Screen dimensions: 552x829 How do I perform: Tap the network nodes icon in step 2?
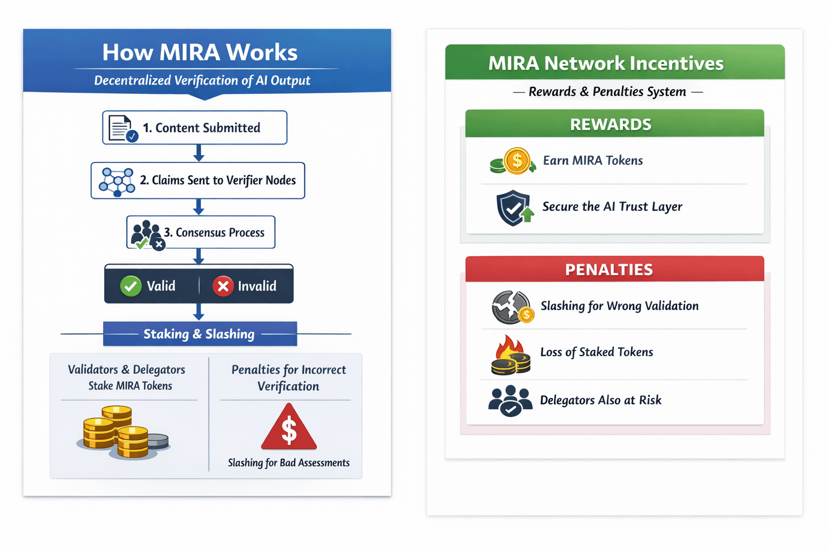click(117, 182)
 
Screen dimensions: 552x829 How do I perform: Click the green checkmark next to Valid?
click(131, 286)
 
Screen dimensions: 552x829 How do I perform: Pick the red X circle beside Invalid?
click(223, 286)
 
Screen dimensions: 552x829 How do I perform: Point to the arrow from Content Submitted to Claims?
click(199, 153)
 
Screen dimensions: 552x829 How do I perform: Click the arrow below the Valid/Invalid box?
click(199, 312)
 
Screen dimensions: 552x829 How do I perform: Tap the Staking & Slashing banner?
click(200, 334)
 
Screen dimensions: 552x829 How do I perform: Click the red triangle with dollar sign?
click(289, 428)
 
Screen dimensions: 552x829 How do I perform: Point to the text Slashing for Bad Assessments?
click(289, 463)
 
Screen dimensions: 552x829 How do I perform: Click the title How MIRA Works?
click(200, 52)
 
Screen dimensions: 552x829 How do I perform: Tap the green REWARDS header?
click(614, 124)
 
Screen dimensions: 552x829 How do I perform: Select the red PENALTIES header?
click(614, 269)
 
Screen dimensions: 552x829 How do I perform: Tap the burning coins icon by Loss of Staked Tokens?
click(511, 355)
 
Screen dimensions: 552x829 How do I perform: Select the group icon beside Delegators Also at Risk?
click(510, 401)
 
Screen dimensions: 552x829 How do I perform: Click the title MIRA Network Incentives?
click(606, 63)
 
